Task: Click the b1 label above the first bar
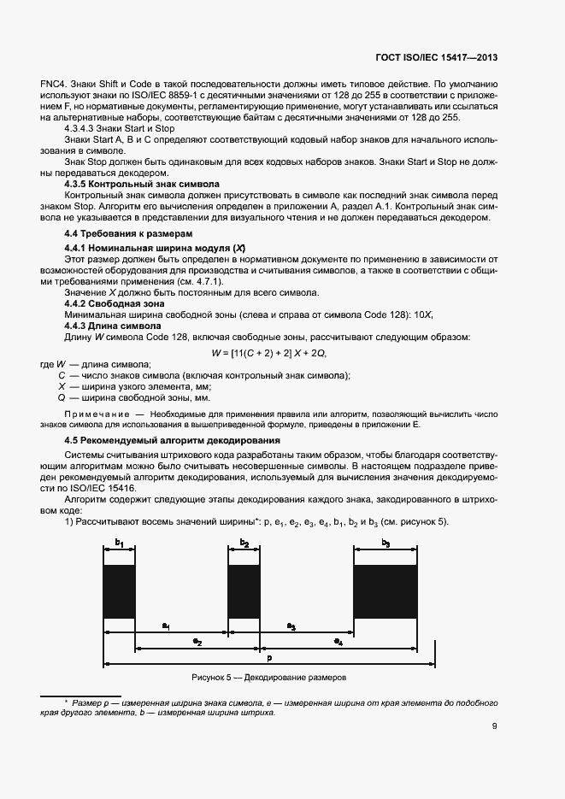120,543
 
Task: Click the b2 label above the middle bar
244,543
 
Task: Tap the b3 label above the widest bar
385,543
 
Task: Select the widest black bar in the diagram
385,591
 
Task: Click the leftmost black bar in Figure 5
120,591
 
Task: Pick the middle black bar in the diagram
244,591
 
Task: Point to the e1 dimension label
166,626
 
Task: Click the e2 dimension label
197,640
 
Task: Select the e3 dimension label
291,626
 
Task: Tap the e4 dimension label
338,640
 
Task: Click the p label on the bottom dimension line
269,659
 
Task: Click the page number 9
495,727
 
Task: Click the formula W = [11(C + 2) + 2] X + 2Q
269,352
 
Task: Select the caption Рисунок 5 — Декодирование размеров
269,678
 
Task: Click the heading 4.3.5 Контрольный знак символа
142,184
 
